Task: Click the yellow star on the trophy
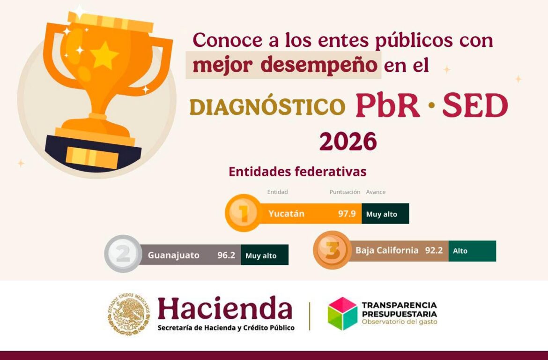point(104,55)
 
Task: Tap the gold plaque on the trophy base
point(92,158)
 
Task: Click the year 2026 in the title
point(348,142)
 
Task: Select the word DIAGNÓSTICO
point(267,107)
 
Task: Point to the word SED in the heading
point(475,105)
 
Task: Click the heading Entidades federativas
point(297,172)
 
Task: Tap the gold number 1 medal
point(243,213)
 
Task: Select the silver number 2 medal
point(123,254)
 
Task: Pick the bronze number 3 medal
point(332,250)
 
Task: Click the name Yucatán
point(286,214)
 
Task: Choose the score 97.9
point(347,214)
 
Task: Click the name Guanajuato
point(173,255)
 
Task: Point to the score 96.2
point(226,255)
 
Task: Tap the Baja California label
point(387,250)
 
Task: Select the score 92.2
point(434,250)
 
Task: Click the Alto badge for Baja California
point(472,251)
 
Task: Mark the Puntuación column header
point(345,192)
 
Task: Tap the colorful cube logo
point(342,314)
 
